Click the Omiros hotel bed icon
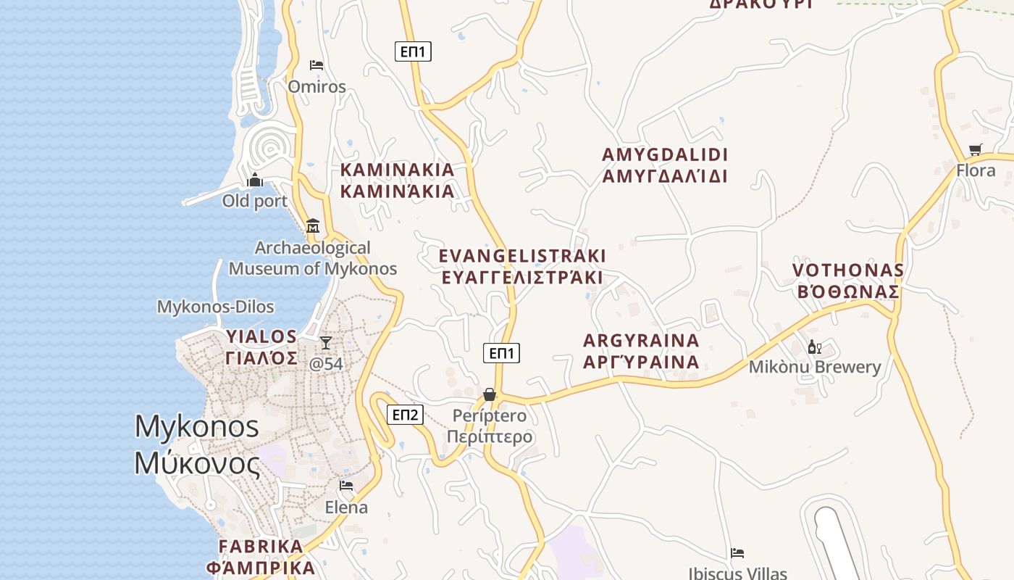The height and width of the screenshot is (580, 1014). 317,65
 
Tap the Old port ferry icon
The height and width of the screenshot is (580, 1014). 255,179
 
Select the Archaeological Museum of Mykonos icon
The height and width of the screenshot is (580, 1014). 313,225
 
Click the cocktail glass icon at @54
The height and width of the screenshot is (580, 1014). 326,342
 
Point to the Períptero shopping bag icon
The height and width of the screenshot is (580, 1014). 490,394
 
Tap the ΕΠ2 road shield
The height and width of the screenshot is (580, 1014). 405,415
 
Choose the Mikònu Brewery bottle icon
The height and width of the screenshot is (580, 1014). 814,347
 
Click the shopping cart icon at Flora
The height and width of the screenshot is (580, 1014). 976,150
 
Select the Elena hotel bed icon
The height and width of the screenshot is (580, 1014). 346,486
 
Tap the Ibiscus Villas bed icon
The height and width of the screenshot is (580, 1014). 737,553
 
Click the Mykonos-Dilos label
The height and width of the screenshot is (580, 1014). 215,307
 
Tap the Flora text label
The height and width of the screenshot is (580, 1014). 976,170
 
